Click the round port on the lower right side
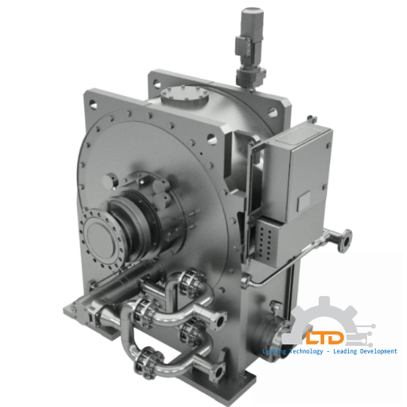pos(270,332)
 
